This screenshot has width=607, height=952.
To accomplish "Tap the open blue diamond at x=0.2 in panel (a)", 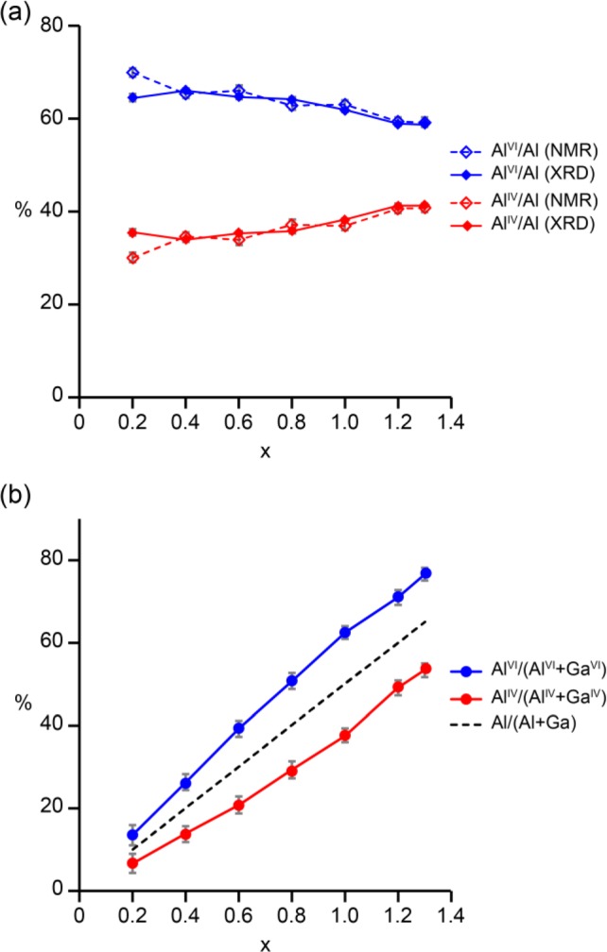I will click(133, 73).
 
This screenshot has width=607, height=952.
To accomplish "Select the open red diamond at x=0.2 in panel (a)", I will click(133, 258).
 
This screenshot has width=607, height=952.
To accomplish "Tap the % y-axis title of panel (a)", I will click(25, 211).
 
